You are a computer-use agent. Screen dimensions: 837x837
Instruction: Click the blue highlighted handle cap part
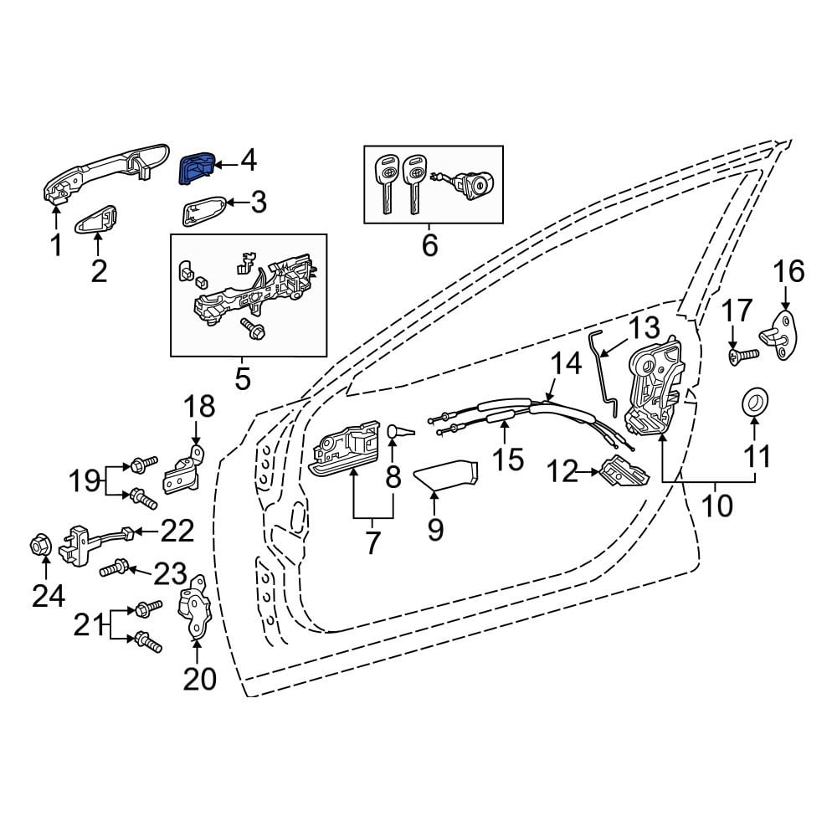click(197, 167)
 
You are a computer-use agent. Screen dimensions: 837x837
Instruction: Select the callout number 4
click(249, 161)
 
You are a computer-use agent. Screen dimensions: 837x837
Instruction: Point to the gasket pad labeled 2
click(96, 219)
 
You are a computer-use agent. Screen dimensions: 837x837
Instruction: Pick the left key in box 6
click(385, 183)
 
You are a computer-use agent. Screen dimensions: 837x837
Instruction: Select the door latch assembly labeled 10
click(655, 385)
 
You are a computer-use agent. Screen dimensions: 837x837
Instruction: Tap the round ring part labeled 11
click(755, 401)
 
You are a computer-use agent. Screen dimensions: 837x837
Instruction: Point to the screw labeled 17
click(743, 354)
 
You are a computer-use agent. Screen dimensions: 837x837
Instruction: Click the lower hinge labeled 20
click(194, 607)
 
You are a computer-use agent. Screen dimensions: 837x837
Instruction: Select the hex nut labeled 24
click(38, 546)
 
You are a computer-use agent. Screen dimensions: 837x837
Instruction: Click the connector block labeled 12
click(625, 472)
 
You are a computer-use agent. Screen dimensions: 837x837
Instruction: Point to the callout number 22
click(177, 531)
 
